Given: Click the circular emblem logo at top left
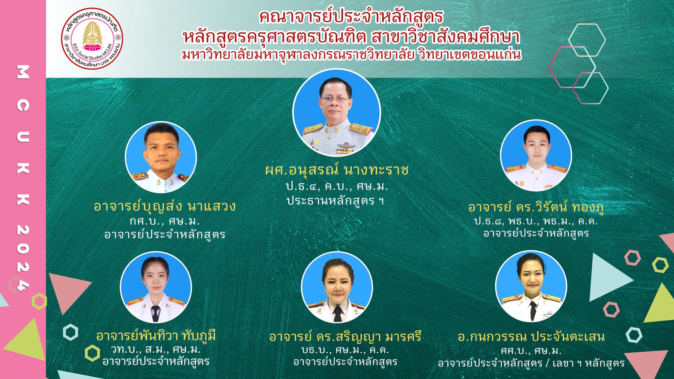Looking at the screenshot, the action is [92, 39].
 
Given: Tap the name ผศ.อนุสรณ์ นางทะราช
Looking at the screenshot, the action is [337, 170].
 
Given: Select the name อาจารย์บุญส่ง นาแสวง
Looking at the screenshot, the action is [165, 206].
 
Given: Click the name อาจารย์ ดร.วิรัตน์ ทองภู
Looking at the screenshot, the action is [536, 207].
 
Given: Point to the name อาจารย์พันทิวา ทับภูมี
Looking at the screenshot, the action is [156, 336].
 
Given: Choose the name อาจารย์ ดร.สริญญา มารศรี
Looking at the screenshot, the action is [345, 337].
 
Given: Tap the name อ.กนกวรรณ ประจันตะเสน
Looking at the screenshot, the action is [531, 337].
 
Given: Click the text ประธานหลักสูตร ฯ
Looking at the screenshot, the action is [335, 200].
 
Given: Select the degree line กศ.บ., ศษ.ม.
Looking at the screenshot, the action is [165, 221].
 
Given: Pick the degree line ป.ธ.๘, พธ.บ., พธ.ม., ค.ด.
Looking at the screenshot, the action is [536, 221].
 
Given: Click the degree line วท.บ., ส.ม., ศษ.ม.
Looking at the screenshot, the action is [156, 349].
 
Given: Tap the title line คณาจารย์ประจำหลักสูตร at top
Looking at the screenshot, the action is [351, 17].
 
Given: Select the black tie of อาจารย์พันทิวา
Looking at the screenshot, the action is [156, 313].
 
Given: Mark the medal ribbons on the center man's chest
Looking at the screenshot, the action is [345, 150].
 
